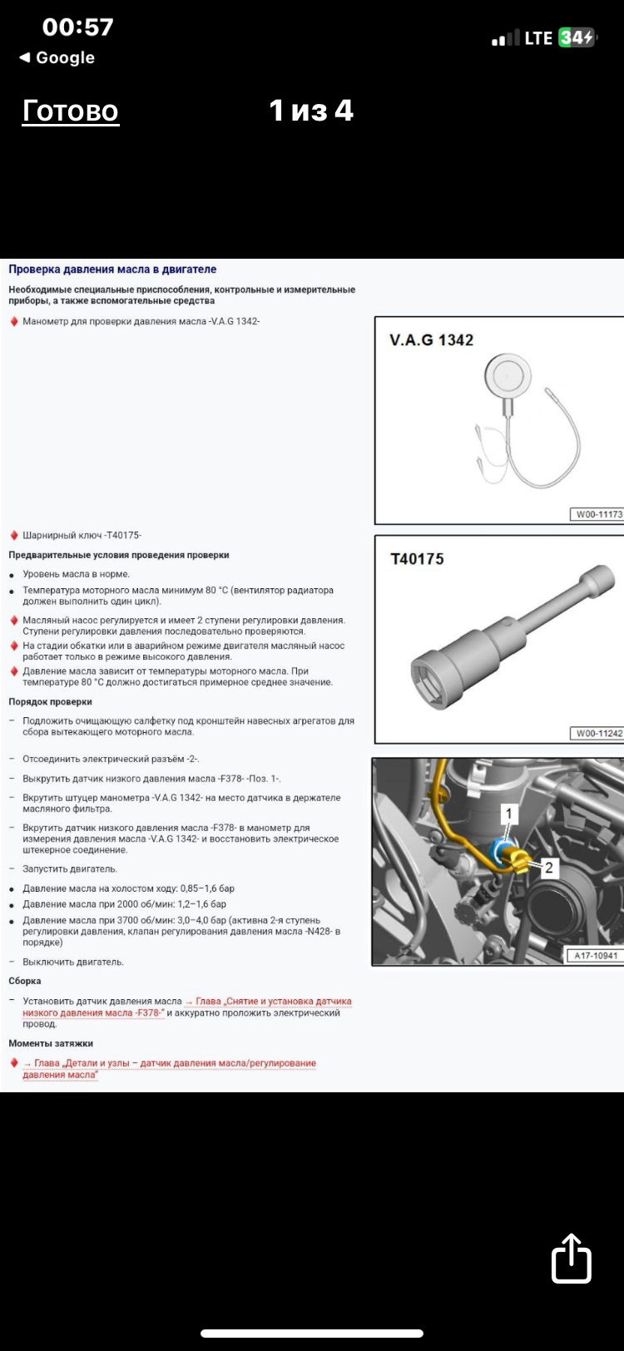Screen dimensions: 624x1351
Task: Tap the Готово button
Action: point(71,111)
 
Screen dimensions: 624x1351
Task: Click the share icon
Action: point(571,1258)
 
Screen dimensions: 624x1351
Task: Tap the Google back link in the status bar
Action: point(57,58)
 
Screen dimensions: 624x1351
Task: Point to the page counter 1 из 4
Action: point(311,111)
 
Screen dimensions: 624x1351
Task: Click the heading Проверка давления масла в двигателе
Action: point(112,270)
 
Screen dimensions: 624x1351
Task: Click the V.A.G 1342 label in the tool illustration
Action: point(432,340)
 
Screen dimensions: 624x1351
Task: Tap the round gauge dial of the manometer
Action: point(508,374)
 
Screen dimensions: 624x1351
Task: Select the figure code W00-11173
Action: point(598,514)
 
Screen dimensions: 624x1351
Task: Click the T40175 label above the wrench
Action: point(417,559)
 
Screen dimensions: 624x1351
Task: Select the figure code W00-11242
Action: point(598,734)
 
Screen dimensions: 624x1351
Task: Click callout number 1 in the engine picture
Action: point(508,814)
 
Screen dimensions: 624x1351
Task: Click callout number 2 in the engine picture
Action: point(548,868)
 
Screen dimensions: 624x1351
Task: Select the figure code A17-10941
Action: point(596,955)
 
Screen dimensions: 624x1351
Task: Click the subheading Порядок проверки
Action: point(50,702)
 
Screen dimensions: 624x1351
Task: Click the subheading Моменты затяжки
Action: point(51,1043)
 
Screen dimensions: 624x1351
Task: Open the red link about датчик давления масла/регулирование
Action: point(170,1069)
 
